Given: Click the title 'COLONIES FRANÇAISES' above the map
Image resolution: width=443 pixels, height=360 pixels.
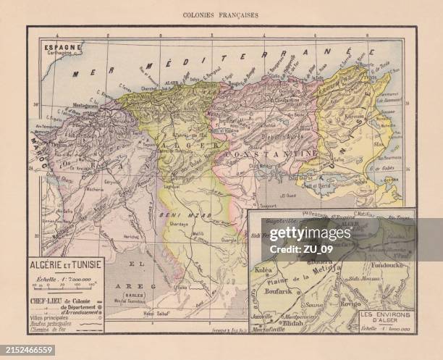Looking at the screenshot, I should point(221,14).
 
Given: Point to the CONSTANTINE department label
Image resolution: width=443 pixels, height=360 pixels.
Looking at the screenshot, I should point(270,154).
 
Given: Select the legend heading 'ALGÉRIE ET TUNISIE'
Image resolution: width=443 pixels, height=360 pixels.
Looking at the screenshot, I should point(66,265).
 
